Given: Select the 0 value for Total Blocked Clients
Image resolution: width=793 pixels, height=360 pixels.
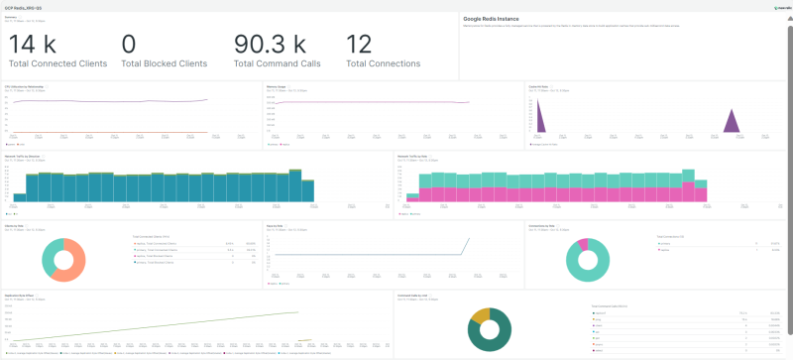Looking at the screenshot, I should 128,45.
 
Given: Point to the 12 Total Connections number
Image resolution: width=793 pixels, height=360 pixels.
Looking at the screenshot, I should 359,45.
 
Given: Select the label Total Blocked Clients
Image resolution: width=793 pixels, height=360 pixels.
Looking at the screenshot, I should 164,63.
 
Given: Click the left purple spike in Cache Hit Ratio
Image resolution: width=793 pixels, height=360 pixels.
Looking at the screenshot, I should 539,121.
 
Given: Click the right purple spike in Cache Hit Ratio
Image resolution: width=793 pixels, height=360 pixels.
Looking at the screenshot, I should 731,122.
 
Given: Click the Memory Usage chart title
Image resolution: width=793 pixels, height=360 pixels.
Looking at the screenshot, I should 278,86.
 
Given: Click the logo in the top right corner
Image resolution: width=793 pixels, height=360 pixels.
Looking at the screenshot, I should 779,5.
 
